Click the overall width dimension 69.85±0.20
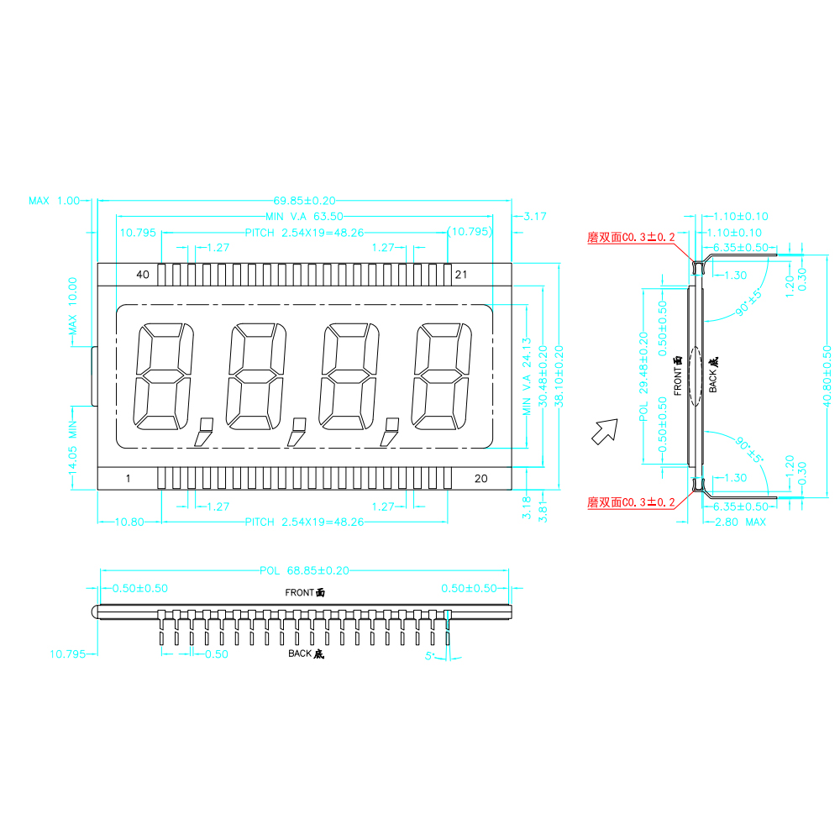tap(304, 201)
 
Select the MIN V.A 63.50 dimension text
tap(304, 217)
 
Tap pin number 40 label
tap(143, 275)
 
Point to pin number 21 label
tap(461, 275)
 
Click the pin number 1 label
tap(128, 479)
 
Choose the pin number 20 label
tap(481, 479)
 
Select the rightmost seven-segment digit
tap(442, 376)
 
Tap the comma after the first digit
tap(203, 432)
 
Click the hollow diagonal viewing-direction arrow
tap(605, 432)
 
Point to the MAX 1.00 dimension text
tap(54, 201)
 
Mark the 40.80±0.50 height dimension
tap(827, 376)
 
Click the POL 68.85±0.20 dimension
tap(304, 571)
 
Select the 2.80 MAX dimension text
tap(740, 522)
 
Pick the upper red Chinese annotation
tap(631, 238)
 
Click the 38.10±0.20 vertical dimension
tap(559, 376)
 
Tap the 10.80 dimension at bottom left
tap(129, 522)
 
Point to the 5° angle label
tap(429, 656)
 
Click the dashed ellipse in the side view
tap(695, 376)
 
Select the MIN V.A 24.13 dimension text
tap(527, 376)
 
